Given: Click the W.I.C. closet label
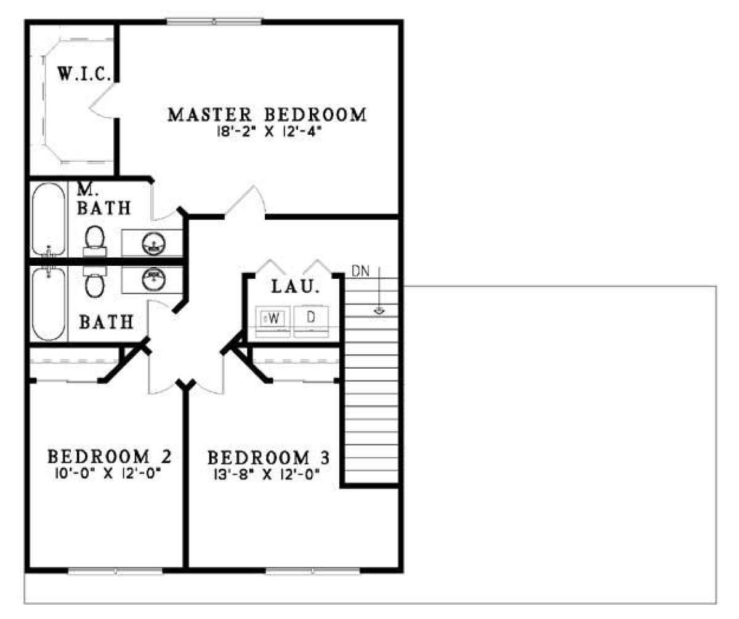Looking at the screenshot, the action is [x=84, y=74].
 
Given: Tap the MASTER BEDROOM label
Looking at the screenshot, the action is [x=267, y=114].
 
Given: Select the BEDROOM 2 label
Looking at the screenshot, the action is [x=110, y=457].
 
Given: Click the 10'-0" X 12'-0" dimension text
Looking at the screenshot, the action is [x=108, y=473].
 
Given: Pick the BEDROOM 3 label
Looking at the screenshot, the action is [x=269, y=458].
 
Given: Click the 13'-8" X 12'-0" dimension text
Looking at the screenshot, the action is [x=267, y=474].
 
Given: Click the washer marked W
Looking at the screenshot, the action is [x=273, y=322].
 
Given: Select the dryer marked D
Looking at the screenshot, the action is [x=311, y=322].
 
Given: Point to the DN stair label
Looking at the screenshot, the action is [x=360, y=271].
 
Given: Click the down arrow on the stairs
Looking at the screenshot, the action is [x=379, y=290].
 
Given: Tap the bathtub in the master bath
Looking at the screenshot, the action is [x=49, y=219].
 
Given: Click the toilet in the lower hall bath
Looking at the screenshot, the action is [x=95, y=282].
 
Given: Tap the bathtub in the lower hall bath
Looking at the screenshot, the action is [x=49, y=304].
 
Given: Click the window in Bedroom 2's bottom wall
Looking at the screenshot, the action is [x=115, y=571].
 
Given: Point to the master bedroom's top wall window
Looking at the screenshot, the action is [x=214, y=22].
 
